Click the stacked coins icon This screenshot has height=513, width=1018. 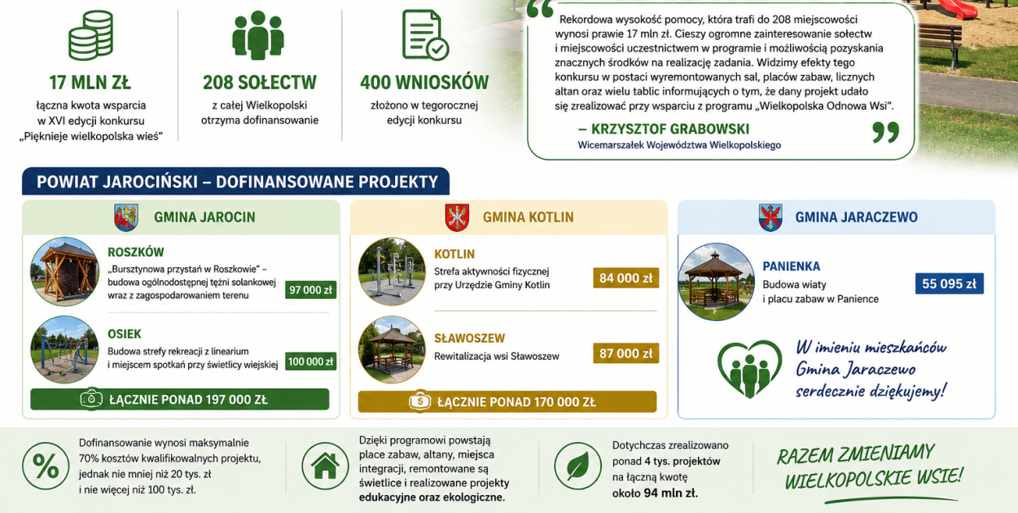(x=91, y=36)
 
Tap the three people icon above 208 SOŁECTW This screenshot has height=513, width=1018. (x=258, y=36)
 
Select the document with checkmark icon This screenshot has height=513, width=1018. (x=425, y=36)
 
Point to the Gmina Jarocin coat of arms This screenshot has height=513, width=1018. (x=126, y=217)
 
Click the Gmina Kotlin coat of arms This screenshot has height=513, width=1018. (x=457, y=217)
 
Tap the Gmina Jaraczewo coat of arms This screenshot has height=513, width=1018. (x=770, y=217)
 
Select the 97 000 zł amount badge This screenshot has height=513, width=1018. (x=311, y=290)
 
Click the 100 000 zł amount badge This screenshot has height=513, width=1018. (x=311, y=362)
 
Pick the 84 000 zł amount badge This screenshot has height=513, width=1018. (x=625, y=278)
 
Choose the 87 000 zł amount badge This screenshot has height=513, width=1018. (x=625, y=353)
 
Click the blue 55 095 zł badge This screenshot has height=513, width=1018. (x=950, y=283)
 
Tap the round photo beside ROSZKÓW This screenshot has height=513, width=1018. (x=64, y=272)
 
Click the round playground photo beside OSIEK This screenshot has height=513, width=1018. (x=64, y=349)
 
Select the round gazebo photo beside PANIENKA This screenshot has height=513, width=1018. (x=717, y=282)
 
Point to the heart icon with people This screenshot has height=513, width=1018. (x=749, y=369)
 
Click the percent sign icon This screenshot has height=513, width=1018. (x=46, y=466)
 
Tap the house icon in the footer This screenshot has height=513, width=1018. (x=325, y=466)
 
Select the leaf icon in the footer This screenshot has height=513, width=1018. (x=577, y=466)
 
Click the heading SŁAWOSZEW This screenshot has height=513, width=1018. (x=469, y=339)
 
